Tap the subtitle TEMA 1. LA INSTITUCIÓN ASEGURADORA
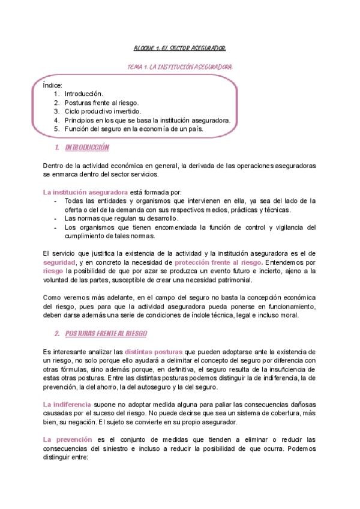[x=180, y=67]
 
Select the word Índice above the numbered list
[x=52, y=85]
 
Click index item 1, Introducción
[x=83, y=94]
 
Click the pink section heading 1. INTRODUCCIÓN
[x=81, y=148]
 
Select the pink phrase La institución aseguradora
[x=77, y=191]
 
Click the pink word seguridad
[x=59, y=263]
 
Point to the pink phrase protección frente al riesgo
[x=218, y=263]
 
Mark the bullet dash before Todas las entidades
[x=56, y=200]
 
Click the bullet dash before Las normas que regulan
[x=56, y=218]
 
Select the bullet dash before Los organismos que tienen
[x=56, y=227]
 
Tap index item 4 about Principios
[x=147, y=120]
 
